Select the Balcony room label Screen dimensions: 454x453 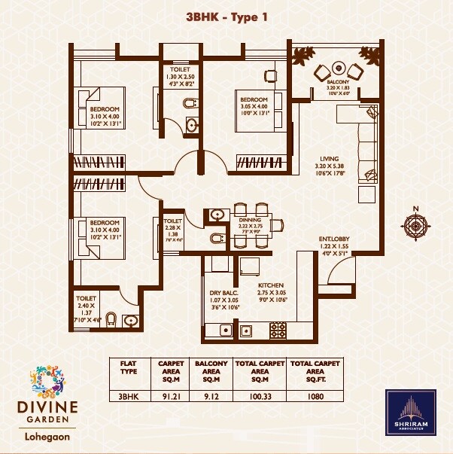pyautogui.click(x=336, y=83)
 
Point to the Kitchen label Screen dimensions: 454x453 pyautogui.click(x=271, y=287)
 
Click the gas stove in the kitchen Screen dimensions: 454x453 pyautogui.click(x=278, y=329)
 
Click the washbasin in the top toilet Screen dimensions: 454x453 pyautogui.click(x=191, y=125)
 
